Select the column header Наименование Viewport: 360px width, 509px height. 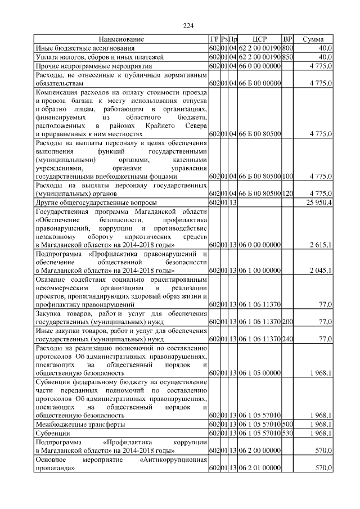click(121, 39)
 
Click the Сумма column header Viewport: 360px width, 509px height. click(313, 39)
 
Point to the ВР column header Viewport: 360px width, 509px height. click(287, 39)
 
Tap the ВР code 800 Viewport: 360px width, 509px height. click(287, 48)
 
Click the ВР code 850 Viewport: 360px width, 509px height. click(287, 57)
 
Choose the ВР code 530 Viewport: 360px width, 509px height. click(287, 434)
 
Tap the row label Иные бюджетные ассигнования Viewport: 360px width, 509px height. click(82, 48)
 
